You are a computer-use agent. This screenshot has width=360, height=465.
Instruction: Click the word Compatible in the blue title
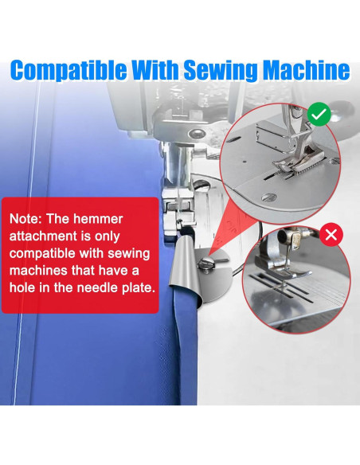pos(68,71)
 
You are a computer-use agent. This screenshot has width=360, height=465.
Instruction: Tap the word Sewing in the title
pos(220,71)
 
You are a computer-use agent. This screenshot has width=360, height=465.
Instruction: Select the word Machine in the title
pos(307,70)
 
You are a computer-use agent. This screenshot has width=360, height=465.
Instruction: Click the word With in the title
pos(155,70)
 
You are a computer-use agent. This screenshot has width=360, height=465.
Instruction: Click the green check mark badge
pos(319,114)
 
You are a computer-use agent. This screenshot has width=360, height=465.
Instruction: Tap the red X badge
pos(331,235)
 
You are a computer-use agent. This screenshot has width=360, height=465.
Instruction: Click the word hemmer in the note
pos(98,219)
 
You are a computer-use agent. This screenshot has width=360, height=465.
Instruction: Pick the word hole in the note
pos(22,287)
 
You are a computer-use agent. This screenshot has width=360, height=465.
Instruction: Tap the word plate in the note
pos(139,288)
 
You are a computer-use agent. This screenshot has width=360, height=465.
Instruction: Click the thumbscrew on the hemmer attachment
pos(207,263)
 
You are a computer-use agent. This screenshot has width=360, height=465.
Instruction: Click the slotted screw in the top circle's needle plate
pos(269,197)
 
